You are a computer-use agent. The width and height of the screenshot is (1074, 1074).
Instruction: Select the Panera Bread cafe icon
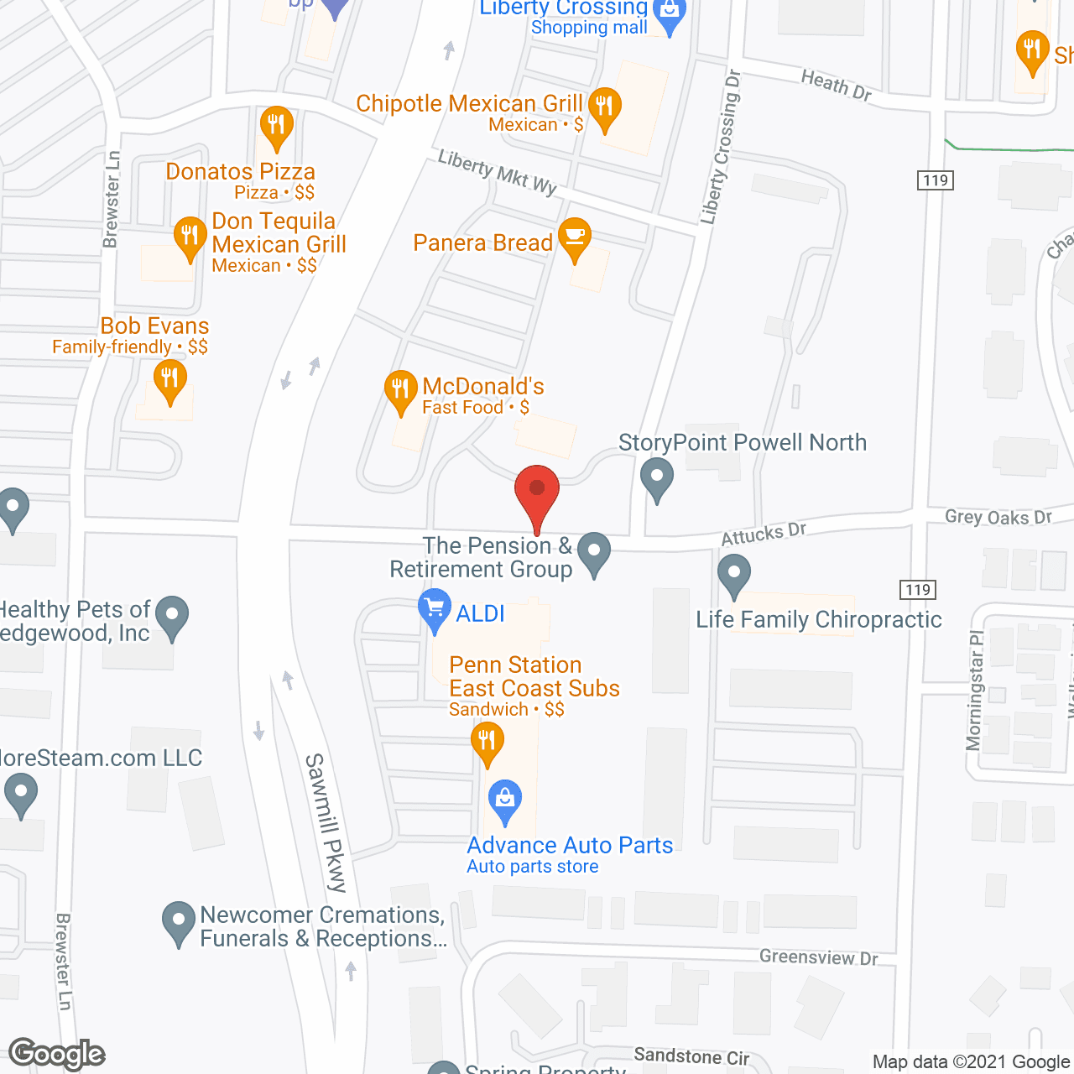click(x=574, y=238)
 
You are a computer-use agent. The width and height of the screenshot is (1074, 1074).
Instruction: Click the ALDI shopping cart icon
click(x=434, y=610)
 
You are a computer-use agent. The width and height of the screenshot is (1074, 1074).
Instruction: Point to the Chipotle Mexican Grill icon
click(x=604, y=108)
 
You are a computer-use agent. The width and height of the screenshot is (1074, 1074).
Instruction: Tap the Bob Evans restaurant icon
click(x=169, y=381)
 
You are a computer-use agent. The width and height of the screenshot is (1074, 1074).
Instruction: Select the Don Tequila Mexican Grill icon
click(x=190, y=237)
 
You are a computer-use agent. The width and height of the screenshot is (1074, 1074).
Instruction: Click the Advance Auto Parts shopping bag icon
click(x=504, y=800)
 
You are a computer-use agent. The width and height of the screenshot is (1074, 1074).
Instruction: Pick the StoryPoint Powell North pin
click(x=657, y=478)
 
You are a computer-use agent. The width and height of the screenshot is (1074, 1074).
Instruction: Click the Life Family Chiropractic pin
click(x=734, y=577)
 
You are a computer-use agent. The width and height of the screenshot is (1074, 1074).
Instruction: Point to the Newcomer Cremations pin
click(x=178, y=922)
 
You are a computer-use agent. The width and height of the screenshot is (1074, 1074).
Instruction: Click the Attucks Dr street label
click(x=764, y=533)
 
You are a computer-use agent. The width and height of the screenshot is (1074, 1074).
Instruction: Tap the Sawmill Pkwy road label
click(x=326, y=822)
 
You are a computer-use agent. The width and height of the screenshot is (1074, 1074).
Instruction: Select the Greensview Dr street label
click(x=818, y=957)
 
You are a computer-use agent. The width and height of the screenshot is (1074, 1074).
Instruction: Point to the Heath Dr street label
click(x=836, y=85)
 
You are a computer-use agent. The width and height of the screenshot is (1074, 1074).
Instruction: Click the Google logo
click(x=57, y=1054)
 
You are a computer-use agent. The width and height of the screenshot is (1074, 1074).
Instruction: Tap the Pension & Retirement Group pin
click(x=594, y=553)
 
